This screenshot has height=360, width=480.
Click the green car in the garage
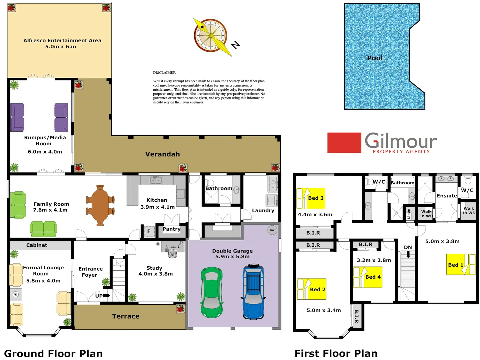tap(212, 292)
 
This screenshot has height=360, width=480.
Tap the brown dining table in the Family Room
tap(100, 205)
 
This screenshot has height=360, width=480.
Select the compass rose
tap(211, 36)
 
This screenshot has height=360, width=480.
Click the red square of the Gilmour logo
tap(344, 143)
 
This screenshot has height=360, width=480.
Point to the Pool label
tap(375, 58)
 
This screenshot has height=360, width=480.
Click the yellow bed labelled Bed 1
tap(461, 264)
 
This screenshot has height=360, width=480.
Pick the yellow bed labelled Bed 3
tap(310, 198)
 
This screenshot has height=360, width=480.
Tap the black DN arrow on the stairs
tap(408, 254)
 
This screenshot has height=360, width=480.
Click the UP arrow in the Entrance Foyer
tap(107, 295)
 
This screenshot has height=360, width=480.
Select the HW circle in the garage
tap(272, 230)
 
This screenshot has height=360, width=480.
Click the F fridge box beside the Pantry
tap(149, 231)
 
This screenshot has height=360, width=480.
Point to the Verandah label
tap(163, 154)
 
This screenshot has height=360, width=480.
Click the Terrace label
tap(126, 316)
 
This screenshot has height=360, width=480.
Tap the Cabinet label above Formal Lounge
tap(37, 245)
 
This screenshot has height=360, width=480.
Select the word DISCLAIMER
tap(165, 72)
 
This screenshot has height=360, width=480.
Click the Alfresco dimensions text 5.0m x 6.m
tap(61, 47)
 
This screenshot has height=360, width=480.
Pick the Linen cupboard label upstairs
tap(409, 213)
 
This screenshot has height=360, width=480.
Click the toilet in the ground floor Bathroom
tap(210, 183)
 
